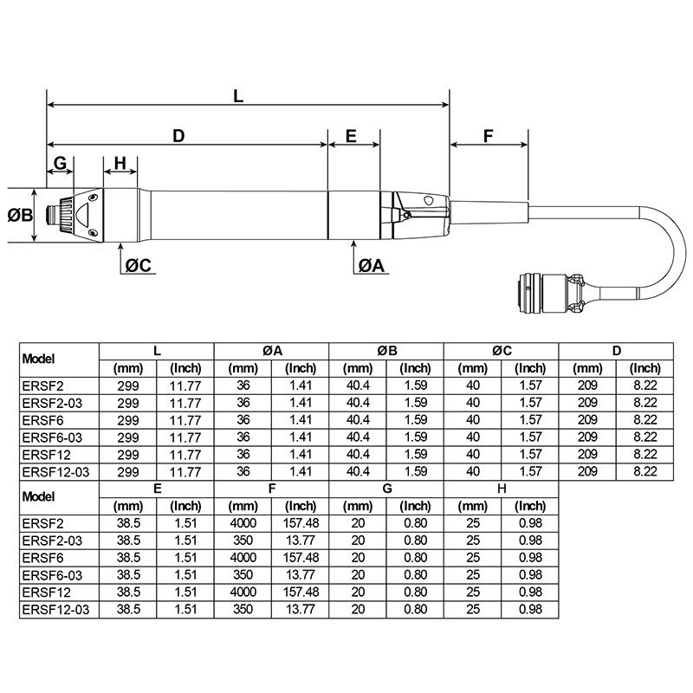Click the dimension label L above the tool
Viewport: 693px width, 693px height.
239,97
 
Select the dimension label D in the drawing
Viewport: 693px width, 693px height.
178,136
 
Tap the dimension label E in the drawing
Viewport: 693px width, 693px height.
351,136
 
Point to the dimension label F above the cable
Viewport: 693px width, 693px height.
488,136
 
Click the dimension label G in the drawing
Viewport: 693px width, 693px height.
60,163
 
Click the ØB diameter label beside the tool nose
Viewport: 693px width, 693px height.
21,215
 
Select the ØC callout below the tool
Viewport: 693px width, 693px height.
138,266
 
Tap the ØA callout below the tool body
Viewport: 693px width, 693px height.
370,266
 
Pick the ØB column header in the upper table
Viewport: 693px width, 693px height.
386,351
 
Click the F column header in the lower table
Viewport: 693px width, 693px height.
271,489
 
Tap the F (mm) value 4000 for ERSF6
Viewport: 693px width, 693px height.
243,559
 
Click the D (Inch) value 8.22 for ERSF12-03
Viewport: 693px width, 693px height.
644,472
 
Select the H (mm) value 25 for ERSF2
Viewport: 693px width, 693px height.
472,524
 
